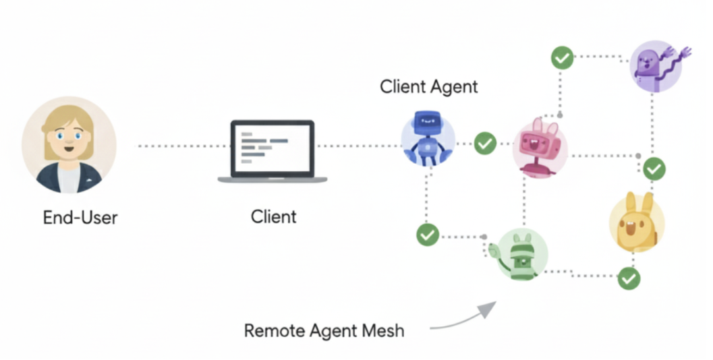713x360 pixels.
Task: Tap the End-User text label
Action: tap(80, 217)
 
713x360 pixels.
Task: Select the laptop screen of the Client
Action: tap(273, 148)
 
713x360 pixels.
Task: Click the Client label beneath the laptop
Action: tap(273, 217)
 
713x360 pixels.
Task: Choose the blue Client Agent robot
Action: tap(427, 138)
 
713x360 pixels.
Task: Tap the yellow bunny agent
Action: tap(636, 223)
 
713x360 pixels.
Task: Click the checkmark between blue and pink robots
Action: tap(485, 143)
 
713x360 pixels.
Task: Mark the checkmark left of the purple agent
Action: tap(562, 58)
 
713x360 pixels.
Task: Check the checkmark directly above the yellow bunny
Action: tap(654, 169)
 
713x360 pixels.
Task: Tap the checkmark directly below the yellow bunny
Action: tap(629, 278)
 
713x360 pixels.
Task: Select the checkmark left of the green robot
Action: tap(428, 235)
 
